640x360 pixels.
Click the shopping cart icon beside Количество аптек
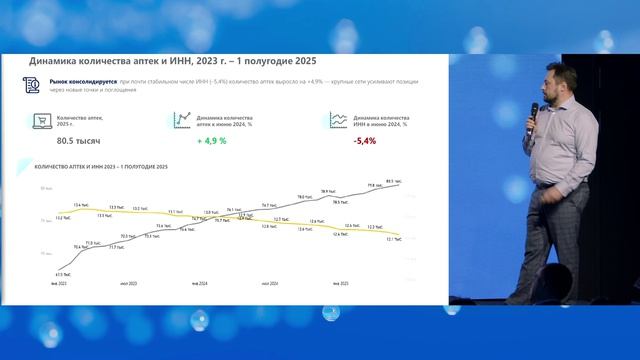click(42, 122)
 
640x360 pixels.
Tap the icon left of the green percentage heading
click(182, 119)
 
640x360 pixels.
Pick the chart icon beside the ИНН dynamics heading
click(337, 120)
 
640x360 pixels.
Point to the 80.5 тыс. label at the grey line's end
click(393, 181)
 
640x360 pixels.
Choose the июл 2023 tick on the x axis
click(128, 283)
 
